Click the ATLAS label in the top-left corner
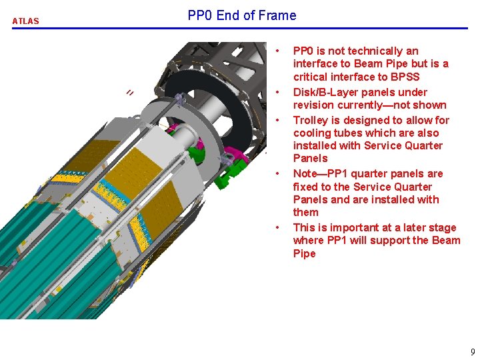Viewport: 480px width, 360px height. point(25,21)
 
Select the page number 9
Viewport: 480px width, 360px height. point(473,351)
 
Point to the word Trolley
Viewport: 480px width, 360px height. point(311,120)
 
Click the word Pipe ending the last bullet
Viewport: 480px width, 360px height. point(305,253)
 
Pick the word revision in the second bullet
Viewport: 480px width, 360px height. point(314,105)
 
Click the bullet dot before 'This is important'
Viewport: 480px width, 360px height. point(279,228)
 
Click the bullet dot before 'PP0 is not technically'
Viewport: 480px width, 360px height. point(279,51)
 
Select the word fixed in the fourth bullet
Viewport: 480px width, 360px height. point(307,187)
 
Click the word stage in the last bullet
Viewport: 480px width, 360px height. point(443,227)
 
